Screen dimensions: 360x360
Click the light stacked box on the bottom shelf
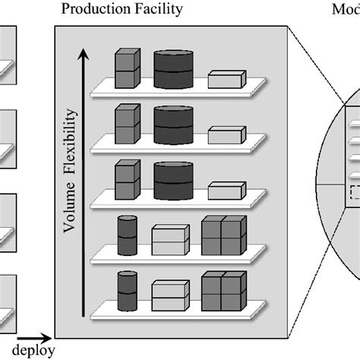point(169,294)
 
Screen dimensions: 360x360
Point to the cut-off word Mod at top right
point(346,10)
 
